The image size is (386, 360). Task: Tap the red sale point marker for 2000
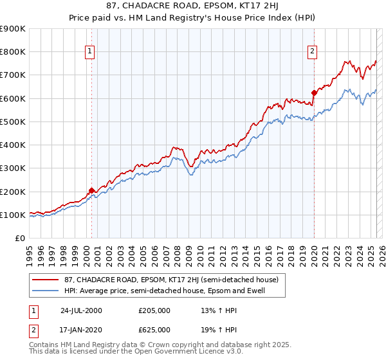click(91, 190)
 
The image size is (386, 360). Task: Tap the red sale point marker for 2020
click(314, 93)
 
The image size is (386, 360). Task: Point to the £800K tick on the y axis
click(13, 52)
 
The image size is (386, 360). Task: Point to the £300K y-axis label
click(13, 168)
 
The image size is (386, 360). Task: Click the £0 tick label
click(19, 239)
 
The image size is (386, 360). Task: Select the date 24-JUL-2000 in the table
click(81, 310)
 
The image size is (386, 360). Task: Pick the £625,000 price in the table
click(154, 329)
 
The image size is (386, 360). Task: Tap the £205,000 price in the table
click(154, 310)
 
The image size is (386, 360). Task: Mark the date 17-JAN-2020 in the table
click(81, 329)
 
